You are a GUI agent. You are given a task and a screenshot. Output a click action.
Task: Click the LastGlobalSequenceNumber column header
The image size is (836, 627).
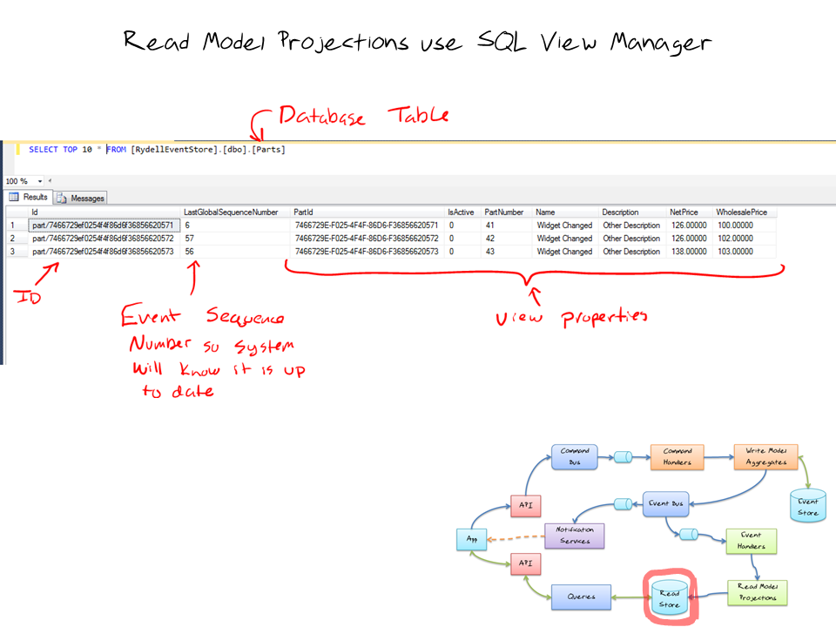point(231,212)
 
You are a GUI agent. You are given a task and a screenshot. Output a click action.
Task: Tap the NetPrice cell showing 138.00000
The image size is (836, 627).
point(687,252)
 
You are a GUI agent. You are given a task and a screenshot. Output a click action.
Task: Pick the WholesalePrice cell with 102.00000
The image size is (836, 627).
point(736,238)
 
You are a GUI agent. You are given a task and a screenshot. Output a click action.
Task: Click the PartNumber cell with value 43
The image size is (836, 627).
point(491,252)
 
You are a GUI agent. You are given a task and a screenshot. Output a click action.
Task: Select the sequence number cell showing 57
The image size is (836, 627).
point(191,238)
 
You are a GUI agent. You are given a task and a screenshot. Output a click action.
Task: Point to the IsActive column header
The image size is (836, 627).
point(462,212)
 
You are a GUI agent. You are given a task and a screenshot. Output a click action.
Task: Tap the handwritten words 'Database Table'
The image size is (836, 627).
point(362,117)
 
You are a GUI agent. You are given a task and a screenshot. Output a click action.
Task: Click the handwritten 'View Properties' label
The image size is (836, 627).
point(571,317)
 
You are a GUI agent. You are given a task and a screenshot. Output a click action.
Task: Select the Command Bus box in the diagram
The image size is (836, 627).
point(575,456)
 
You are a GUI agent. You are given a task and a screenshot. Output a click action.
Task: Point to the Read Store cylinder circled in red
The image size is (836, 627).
point(669,597)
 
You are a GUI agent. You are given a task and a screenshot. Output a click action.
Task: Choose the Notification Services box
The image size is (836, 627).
point(574,535)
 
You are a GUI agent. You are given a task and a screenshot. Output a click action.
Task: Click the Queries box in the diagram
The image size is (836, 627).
point(582,597)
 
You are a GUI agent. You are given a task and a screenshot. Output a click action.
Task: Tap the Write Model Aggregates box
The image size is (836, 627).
point(765,457)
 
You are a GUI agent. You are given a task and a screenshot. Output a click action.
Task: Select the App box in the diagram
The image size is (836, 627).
point(472,540)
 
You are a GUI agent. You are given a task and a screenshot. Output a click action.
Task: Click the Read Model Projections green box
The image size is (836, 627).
point(756,592)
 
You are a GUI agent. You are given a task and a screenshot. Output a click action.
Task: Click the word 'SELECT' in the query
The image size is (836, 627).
point(44,150)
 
